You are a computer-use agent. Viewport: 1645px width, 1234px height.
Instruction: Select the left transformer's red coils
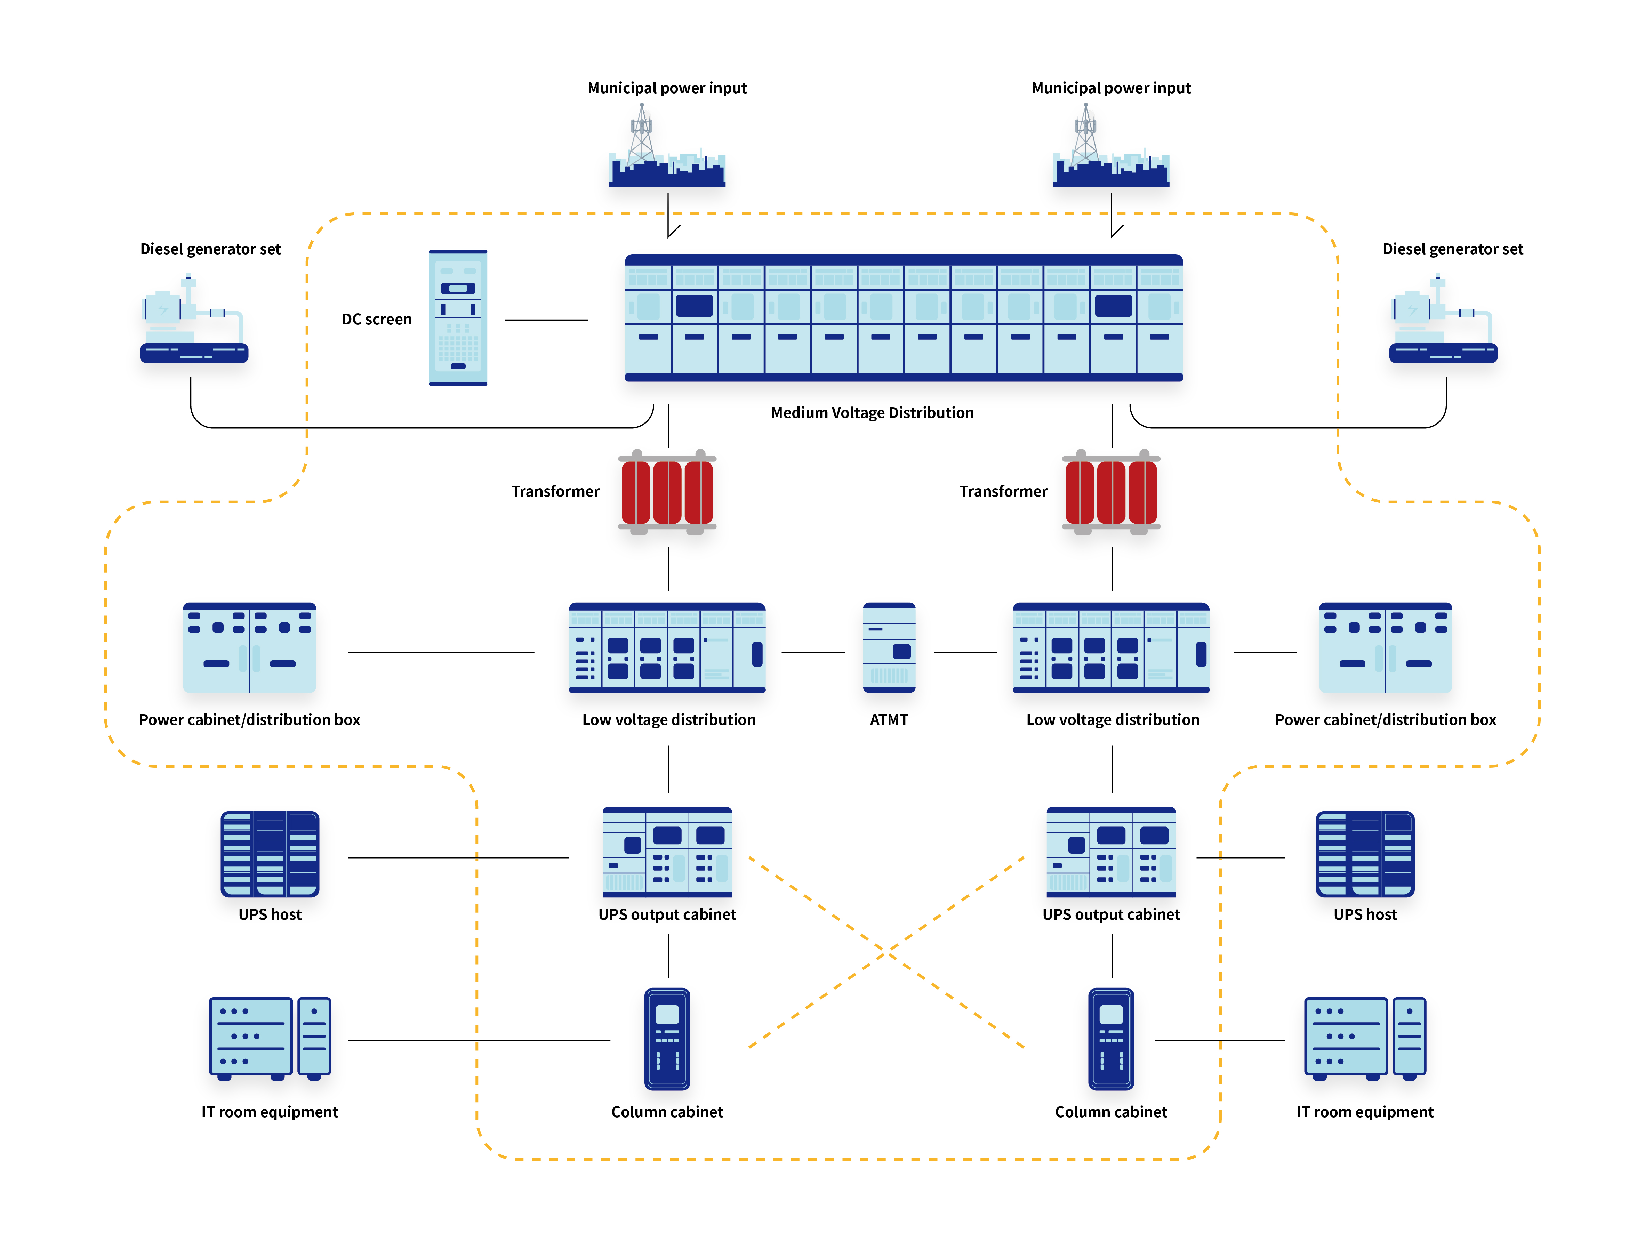point(667,492)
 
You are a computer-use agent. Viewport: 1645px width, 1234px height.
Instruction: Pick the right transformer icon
point(1111,492)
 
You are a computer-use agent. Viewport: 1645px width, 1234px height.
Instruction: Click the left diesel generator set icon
point(193,320)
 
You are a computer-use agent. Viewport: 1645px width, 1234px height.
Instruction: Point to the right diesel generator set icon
point(1443,320)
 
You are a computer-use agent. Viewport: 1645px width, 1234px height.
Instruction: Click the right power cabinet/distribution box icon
point(1385,647)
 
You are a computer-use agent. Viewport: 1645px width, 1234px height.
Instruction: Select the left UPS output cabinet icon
point(667,852)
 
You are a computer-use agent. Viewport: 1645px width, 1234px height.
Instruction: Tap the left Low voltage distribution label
point(668,720)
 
